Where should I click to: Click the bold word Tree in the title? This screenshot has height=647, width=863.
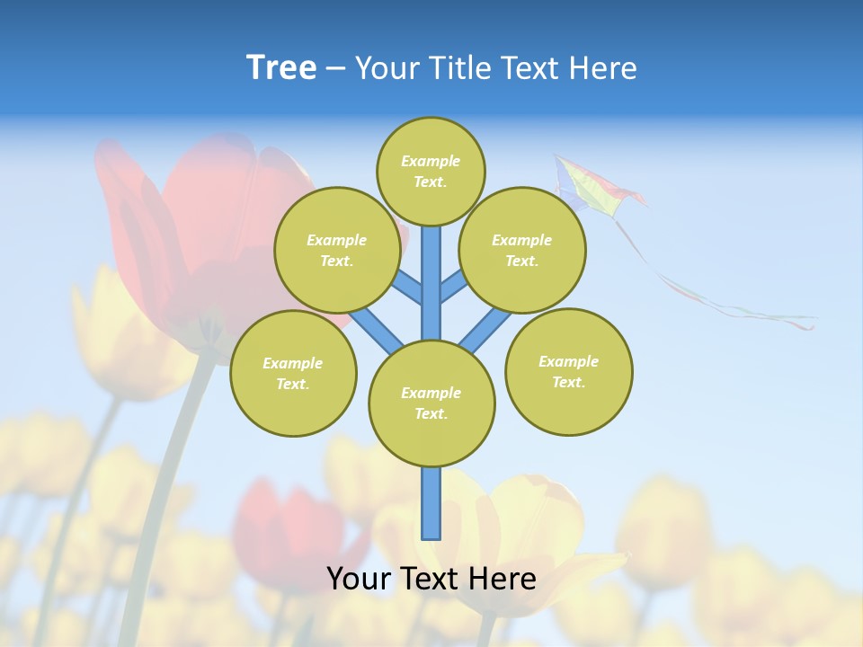(281, 67)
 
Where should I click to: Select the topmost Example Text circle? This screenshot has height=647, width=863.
(431, 171)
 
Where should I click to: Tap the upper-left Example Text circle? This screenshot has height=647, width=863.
(337, 250)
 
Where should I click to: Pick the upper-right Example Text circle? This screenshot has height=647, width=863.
(522, 250)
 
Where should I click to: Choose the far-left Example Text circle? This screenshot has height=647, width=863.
(293, 373)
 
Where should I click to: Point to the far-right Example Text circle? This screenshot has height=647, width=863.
(569, 371)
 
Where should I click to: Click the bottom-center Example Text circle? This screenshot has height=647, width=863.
(431, 403)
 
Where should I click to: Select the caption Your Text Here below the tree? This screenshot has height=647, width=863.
(431, 579)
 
